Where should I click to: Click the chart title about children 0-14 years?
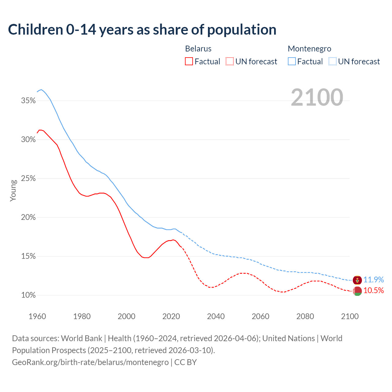[142, 30]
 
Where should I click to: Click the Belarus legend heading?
[198, 49]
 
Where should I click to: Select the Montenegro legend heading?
[309, 49]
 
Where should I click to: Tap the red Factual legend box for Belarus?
[189, 61]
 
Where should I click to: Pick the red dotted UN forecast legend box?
[230, 61]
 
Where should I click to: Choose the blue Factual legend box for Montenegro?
[292, 61]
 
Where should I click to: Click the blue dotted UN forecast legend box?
[332, 61]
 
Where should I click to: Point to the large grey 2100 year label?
[317, 97]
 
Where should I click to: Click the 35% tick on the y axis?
[28, 100]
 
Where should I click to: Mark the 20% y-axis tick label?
[28, 217]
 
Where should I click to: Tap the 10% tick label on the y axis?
[28, 295]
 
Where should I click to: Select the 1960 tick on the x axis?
[37, 316]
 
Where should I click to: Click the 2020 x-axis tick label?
[171, 316]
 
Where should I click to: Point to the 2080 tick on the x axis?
[305, 316]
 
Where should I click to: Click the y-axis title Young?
[13, 190]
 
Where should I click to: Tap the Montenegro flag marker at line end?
[357, 280]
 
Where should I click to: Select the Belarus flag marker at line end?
[357, 291]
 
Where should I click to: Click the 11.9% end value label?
[374, 280]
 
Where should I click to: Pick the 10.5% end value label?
[374, 290]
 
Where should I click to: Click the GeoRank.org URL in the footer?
[90, 362]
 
